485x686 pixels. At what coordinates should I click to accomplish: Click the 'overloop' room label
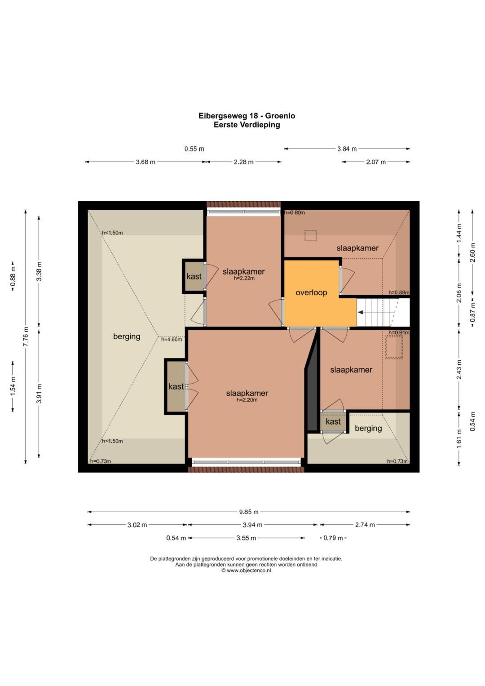click(311, 292)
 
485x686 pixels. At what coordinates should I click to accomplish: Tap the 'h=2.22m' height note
click(244, 279)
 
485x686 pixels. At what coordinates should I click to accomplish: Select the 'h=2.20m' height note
click(247, 400)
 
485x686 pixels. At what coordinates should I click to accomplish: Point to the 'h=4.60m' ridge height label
click(172, 339)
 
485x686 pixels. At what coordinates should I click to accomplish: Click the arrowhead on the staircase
click(360, 312)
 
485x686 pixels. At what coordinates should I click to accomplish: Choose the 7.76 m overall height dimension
click(26, 336)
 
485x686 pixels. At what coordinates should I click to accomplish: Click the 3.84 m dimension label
click(347, 149)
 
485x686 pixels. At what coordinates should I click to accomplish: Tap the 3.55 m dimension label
click(246, 538)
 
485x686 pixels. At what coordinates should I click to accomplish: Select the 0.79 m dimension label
click(333, 538)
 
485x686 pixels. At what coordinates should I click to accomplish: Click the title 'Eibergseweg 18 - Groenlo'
click(247, 116)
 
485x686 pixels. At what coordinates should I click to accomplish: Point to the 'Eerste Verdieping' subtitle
click(247, 125)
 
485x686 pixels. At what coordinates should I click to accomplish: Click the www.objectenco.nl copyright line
click(246, 571)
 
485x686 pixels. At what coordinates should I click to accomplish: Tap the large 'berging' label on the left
click(127, 336)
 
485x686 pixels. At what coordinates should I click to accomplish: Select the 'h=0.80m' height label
click(295, 212)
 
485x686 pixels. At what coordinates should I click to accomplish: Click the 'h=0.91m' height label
click(399, 332)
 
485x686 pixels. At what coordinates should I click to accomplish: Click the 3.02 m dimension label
click(137, 525)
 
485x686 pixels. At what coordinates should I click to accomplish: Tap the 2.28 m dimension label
click(244, 162)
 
